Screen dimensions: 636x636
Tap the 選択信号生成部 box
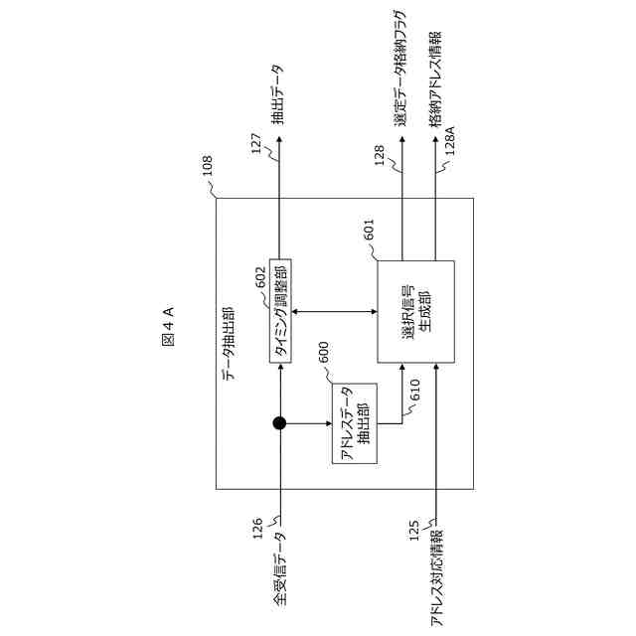[x=414, y=311]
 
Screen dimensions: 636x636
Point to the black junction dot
[x=279, y=424]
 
